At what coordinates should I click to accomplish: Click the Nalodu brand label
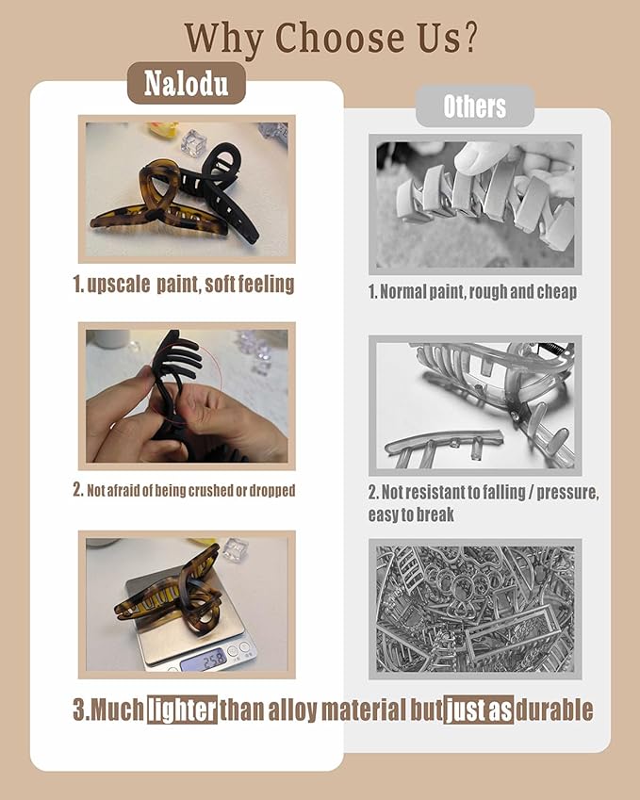coord(187,83)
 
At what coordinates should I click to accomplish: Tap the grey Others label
coord(475,106)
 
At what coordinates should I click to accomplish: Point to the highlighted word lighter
coord(182,710)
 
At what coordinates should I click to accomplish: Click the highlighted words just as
coord(478,710)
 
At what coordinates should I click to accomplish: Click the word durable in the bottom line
coord(554,710)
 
